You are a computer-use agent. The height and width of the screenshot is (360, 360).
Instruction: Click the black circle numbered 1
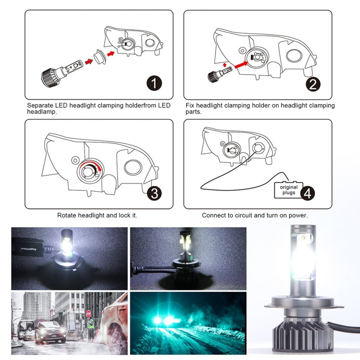(154, 84)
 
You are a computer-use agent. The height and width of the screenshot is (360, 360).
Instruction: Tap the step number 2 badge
(313, 84)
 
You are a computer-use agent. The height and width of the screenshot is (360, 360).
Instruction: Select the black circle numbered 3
(154, 193)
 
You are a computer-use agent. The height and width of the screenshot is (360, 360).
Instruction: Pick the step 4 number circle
(308, 193)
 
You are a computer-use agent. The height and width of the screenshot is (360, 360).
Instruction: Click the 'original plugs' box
(288, 190)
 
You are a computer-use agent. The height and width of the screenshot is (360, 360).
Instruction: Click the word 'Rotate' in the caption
(68, 216)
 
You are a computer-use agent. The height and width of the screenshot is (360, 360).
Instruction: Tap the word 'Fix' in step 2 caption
(190, 105)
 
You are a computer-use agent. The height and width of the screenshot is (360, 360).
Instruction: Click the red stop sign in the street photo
(88, 313)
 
